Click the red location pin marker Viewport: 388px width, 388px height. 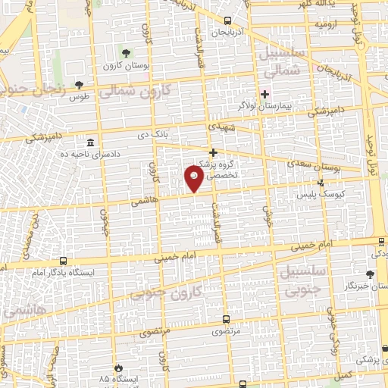(x=194, y=178)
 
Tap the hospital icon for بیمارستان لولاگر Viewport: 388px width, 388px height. (x=264, y=95)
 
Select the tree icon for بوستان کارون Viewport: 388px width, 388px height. (x=125, y=53)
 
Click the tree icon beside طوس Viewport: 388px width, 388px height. (x=80, y=85)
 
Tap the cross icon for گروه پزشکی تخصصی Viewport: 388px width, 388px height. (x=213, y=152)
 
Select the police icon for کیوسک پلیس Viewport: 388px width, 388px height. (x=321, y=183)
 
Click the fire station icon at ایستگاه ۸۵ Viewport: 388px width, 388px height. (x=117, y=367)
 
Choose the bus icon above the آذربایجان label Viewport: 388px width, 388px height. (x=228, y=22)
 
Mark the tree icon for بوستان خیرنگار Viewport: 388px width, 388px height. (x=370, y=274)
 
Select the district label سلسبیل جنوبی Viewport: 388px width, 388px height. (x=301, y=279)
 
